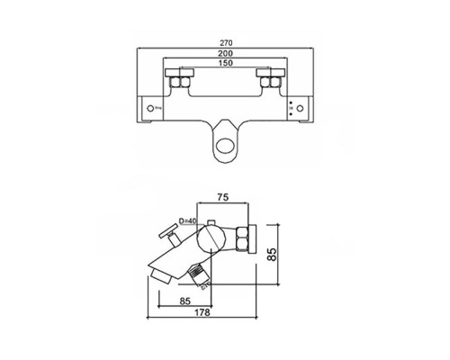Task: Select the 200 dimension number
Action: point(224,54)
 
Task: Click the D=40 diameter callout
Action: point(190,220)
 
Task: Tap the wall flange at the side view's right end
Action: point(257,241)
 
